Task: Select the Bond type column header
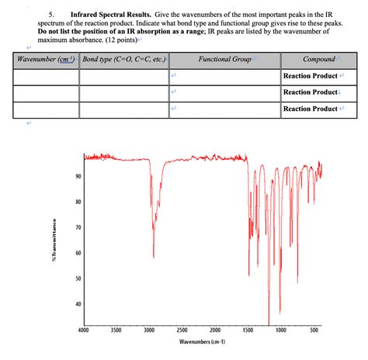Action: coord(121,59)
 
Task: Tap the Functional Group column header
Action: coord(225,59)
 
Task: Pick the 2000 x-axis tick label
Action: coord(216,331)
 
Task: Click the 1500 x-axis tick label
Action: coord(248,331)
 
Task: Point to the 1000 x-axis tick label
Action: coord(282,331)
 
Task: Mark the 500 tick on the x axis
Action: coord(314,331)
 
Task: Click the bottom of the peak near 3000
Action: coord(153,258)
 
